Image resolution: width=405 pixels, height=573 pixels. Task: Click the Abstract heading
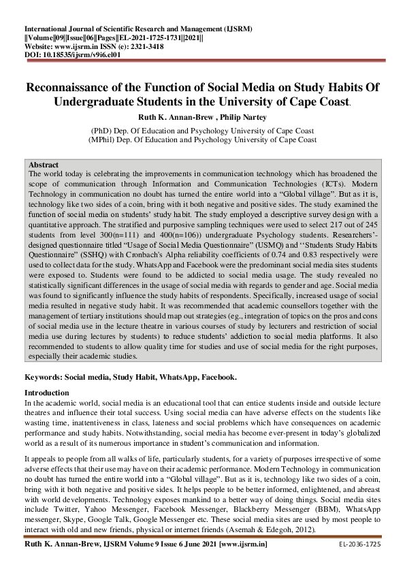coord(44,165)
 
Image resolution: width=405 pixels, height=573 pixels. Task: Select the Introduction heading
coord(47,393)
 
